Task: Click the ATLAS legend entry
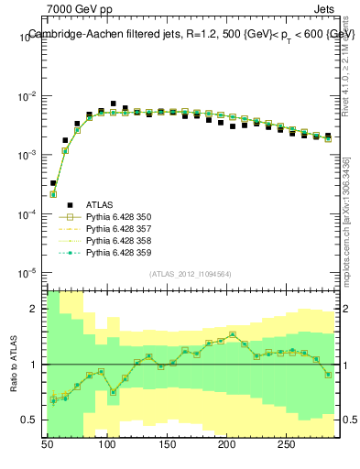pos(100,204)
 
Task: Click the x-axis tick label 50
pos(49,443)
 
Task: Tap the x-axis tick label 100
pos(107,443)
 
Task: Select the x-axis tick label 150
pos(167,443)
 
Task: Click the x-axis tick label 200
pos(226,443)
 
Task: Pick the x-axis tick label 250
pos(286,443)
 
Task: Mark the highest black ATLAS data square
pos(113,104)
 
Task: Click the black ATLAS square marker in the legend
pos(65,204)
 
